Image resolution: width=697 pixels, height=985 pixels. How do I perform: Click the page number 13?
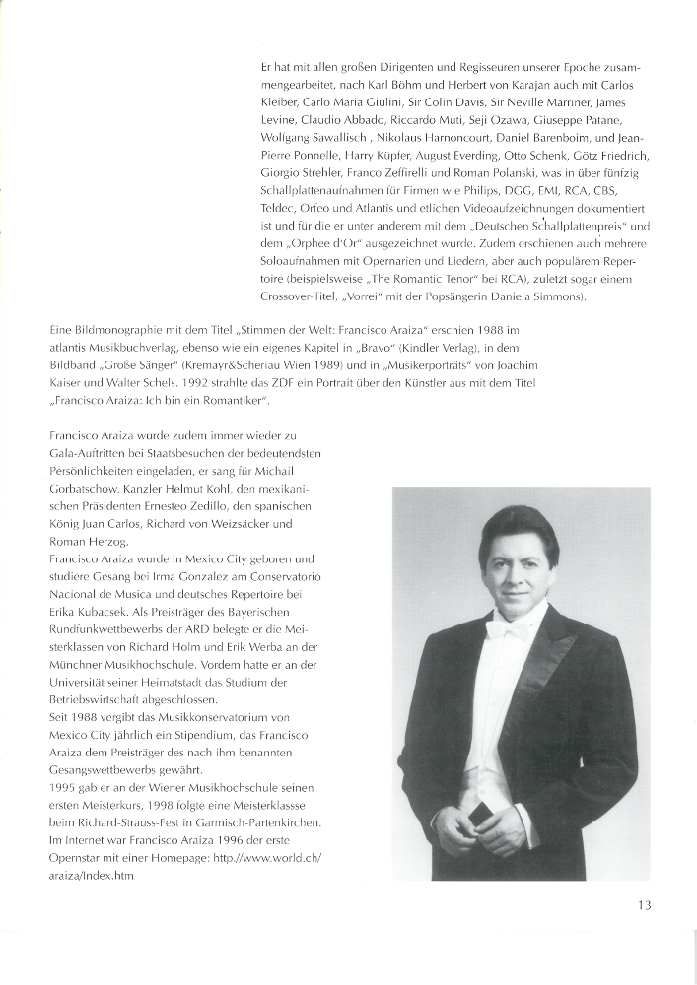[x=643, y=905]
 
